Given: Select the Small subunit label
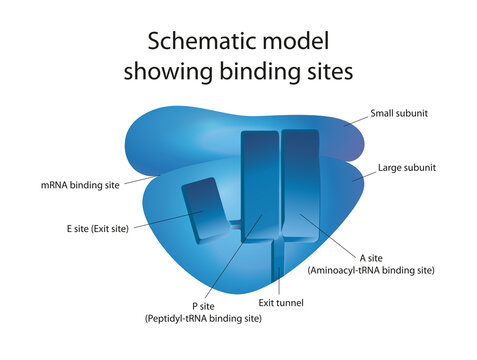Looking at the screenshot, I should (399, 113).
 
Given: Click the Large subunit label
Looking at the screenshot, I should (405, 168).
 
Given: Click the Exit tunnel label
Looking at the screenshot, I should (281, 302).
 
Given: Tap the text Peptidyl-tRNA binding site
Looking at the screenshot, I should (204, 318).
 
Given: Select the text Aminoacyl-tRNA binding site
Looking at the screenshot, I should (372, 270).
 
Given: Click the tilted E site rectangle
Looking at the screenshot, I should (207, 209).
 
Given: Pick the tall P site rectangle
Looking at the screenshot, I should (260, 185).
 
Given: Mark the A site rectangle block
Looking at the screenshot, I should (299, 185).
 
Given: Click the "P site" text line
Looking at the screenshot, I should (204, 304).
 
